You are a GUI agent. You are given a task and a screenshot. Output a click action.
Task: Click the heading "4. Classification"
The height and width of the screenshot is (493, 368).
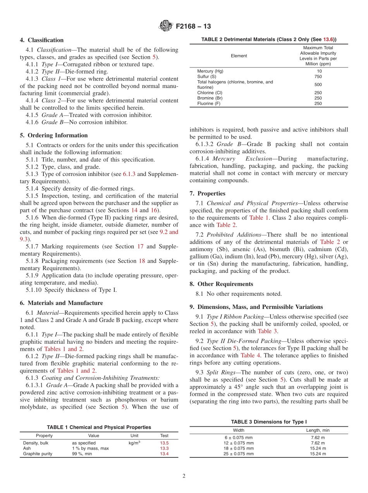(x=42, y=40)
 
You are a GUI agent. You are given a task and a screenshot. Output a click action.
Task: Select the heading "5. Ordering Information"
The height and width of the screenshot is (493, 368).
(x=54, y=135)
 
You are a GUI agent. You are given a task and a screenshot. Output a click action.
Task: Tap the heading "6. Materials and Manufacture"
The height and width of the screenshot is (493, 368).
(x=62, y=303)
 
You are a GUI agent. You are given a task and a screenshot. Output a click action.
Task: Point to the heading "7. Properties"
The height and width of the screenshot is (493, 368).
(x=207, y=193)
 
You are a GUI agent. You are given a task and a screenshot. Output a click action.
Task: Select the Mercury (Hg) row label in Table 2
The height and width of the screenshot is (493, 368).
(x=210, y=71)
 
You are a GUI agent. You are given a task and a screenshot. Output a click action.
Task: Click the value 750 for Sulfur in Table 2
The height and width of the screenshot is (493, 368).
(x=318, y=77)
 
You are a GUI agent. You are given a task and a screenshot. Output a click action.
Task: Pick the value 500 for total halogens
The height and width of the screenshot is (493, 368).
(x=318, y=84)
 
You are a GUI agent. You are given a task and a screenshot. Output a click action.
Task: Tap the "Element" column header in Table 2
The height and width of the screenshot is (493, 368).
(x=239, y=56)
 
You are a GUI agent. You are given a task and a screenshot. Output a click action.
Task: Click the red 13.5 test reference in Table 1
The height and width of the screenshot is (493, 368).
(x=164, y=443)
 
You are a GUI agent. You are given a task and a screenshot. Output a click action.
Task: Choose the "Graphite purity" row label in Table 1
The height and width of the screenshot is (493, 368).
(x=38, y=454)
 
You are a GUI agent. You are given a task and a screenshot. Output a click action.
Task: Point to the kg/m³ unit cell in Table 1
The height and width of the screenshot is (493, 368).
(x=134, y=443)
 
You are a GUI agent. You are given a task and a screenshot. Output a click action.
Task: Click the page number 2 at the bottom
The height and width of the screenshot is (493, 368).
(x=184, y=476)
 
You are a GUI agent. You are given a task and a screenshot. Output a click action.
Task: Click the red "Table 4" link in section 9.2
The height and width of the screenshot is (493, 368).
(x=248, y=355)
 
